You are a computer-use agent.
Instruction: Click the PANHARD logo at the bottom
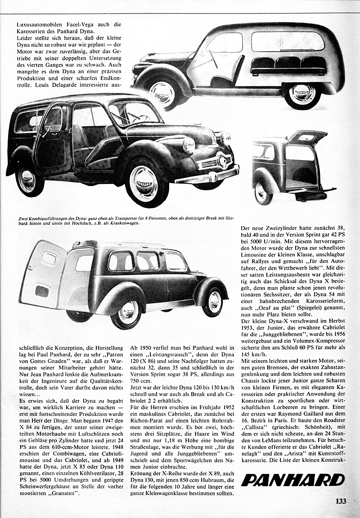point(292,479)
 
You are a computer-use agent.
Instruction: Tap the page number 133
point(341,501)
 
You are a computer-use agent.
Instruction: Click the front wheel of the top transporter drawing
point(162,93)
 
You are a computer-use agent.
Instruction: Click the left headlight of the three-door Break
point(189,145)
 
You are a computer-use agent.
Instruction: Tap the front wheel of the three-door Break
point(143,182)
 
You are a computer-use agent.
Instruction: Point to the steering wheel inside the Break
point(137,118)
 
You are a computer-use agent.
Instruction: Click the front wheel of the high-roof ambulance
point(212,302)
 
